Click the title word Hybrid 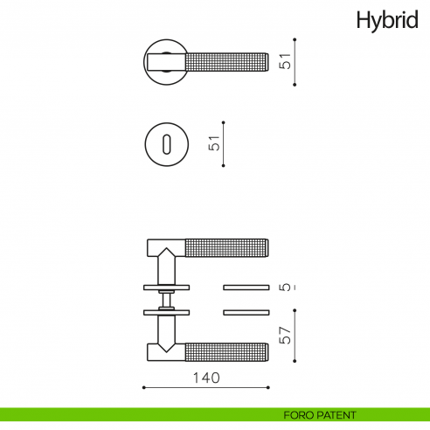(386, 21)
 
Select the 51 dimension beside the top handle (283, 61)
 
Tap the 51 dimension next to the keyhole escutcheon (213, 143)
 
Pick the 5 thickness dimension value (284, 287)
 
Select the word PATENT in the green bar (336, 415)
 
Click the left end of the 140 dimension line (143, 387)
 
